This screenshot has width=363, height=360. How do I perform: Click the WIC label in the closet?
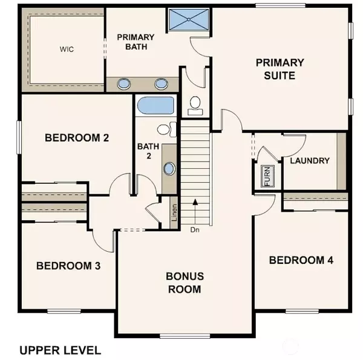tap(67, 49)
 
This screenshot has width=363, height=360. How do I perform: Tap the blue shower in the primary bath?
tap(189, 20)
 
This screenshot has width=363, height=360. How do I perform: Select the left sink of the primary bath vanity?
tap(124, 83)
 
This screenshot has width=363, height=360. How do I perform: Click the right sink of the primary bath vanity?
tap(161, 83)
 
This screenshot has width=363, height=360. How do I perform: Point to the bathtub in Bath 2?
tap(155, 105)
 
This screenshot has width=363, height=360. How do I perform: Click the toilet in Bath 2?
tap(167, 129)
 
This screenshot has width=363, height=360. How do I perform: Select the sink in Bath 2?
tap(169, 168)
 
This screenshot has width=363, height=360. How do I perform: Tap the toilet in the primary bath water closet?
tap(195, 105)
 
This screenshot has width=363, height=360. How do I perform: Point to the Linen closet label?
tap(174, 212)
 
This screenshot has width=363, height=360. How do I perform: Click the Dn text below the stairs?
tap(195, 230)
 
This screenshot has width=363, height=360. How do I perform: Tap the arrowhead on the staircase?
tap(195, 202)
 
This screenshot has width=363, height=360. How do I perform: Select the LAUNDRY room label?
tap(310, 161)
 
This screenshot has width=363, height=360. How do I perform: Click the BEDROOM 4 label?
tap(301, 260)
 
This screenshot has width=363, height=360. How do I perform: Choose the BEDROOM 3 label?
tap(68, 266)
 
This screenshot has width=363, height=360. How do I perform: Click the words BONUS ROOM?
tap(185, 283)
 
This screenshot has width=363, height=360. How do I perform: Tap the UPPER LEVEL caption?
tap(60, 350)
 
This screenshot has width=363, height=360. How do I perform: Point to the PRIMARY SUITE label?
tap(280, 69)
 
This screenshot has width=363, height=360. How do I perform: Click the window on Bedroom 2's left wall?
tap(19, 137)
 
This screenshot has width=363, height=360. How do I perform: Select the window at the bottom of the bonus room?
tap(185, 336)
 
